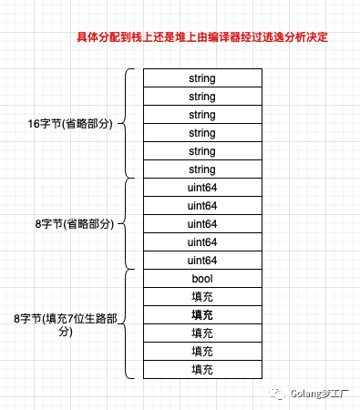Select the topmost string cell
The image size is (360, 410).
[x=203, y=78]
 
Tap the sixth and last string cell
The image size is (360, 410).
[x=203, y=169]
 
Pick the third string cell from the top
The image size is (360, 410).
[x=203, y=115]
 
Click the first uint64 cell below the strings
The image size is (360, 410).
[x=203, y=188]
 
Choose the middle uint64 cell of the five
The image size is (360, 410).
[x=203, y=224]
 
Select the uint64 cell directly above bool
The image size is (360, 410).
[x=203, y=261]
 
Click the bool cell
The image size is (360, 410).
[x=203, y=279]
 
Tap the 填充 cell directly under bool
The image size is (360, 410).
[x=203, y=297]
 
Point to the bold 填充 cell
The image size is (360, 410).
[x=203, y=315]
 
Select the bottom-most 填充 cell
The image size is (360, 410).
[x=203, y=370]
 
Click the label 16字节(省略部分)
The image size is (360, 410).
[x=66, y=123]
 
